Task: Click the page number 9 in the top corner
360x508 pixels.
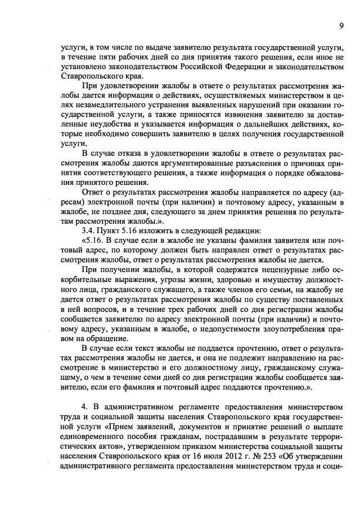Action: click(x=341, y=25)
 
